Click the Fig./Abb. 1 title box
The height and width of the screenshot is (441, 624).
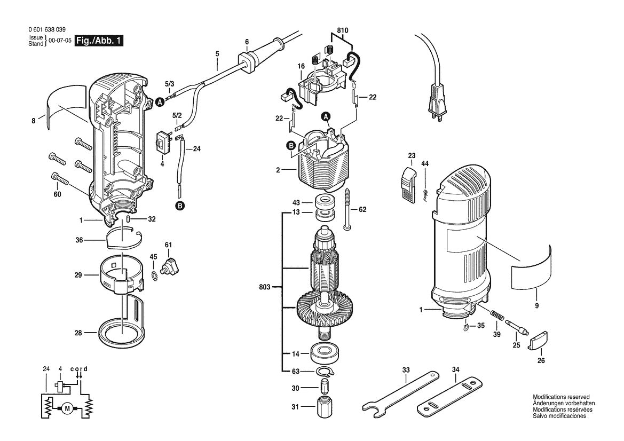pos(99,41)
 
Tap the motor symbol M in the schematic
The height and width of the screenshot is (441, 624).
pos(67,409)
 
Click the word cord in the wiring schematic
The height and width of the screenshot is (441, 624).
pos(79,369)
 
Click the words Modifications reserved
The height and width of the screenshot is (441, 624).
pos(560,397)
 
